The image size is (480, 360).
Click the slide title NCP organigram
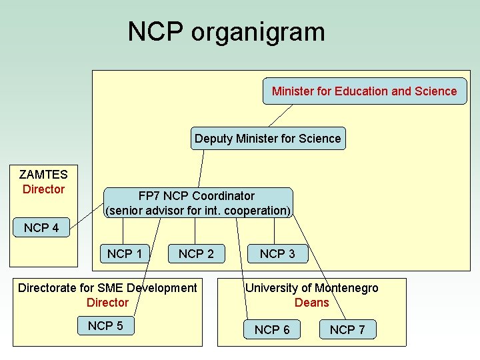click(x=226, y=31)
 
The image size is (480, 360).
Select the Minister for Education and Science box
click(x=364, y=91)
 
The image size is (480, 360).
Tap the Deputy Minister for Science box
click(x=267, y=139)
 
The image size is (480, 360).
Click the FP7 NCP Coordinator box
click(x=197, y=203)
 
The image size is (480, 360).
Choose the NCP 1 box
click(x=125, y=253)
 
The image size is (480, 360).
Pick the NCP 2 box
click(x=196, y=253)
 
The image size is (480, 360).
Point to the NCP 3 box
click(x=277, y=253)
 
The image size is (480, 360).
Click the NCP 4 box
click(x=41, y=228)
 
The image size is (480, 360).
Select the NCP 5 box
click(x=105, y=325)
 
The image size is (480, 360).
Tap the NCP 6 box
click(x=272, y=329)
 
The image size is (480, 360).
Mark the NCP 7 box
click(x=347, y=329)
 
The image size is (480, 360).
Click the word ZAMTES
click(x=43, y=175)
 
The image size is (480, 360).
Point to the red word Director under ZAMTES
click(x=43, y=189)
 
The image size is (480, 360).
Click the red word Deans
click(x=312, y=303)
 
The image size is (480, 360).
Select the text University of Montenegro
click(x=311, y=288)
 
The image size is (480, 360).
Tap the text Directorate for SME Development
click(x=107, y=288)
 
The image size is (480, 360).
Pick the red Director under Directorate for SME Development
click(x=107, y=303)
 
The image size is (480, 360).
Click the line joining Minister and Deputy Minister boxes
click(x=281, y=115)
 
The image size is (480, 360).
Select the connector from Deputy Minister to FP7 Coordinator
click(x=201, y=168)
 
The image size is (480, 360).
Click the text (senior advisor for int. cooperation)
click(x=198, y=211)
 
